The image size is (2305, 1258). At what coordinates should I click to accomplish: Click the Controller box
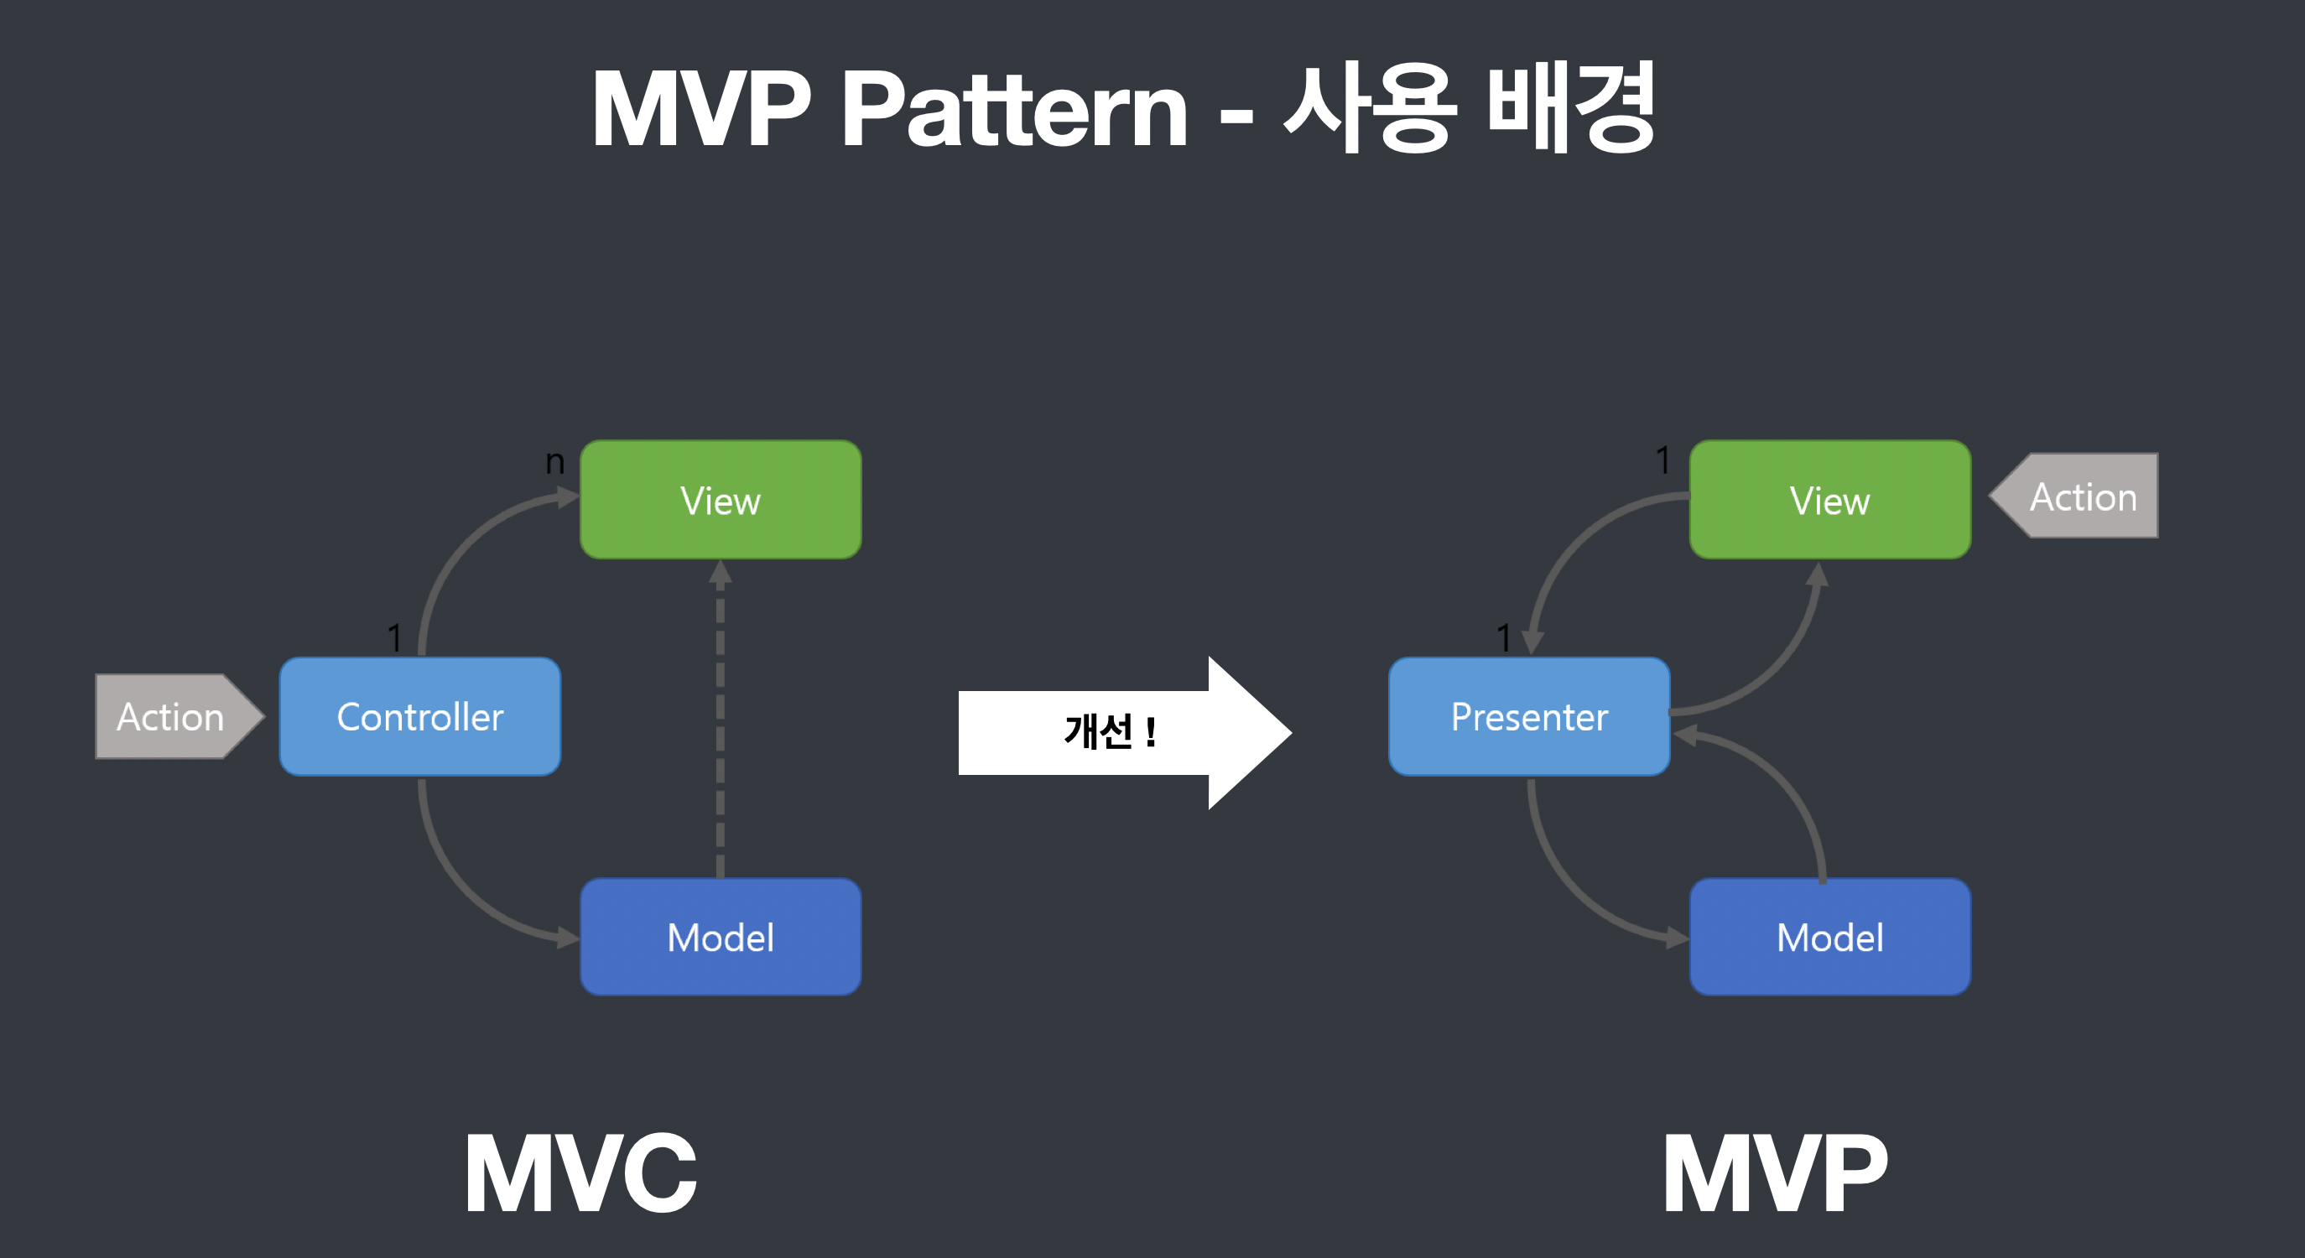click(419, 717)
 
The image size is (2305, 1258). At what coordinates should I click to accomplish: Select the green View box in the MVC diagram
click(721, 499)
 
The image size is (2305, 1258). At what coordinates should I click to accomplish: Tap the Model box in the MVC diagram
click(721, 937)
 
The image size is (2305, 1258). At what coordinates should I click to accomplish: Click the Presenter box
click(1528, 717)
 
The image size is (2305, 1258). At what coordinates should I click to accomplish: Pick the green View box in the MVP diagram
click(1829, 499)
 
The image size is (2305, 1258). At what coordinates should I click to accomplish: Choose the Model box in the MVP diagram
click(1829, 937)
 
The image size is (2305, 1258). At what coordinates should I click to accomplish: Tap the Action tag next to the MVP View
click(2080, 496)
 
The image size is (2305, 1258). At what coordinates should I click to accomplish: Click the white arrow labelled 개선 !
click(1110, 732)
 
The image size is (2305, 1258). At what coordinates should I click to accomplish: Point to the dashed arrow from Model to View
click(721, 715)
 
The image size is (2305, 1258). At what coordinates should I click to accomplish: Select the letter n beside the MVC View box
click(554, 461)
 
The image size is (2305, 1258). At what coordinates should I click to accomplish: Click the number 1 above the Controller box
click(394, 638)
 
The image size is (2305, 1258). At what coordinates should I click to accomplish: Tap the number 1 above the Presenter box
click(1503, 638)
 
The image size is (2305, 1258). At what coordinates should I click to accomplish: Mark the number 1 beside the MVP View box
click(1662, 460)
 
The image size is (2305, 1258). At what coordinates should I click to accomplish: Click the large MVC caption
click(580, 1173)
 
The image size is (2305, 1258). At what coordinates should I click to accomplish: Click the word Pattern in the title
click(1014, 110)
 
